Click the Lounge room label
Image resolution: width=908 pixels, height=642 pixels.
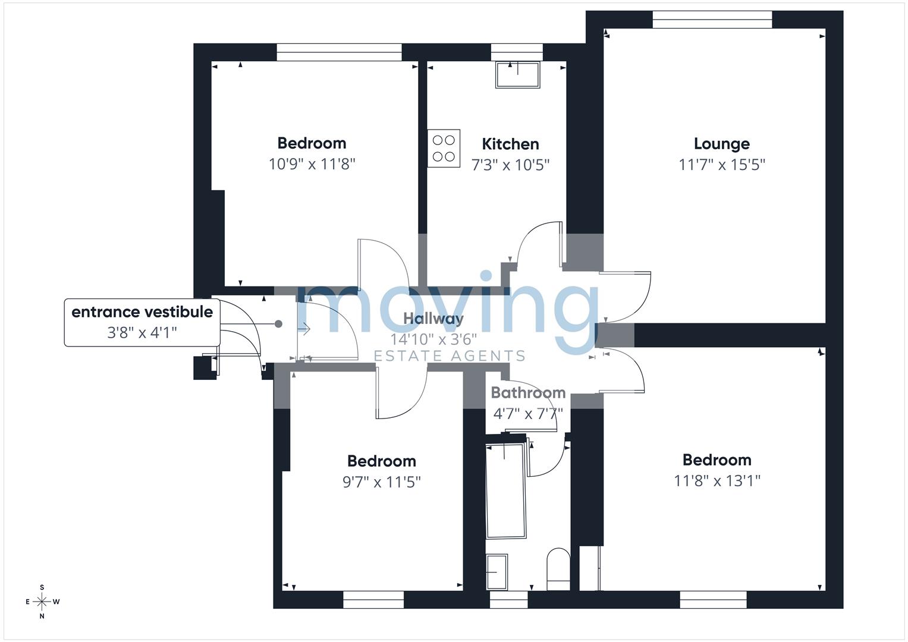click(721, 143)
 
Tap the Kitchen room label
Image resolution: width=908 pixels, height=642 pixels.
click(510, 144)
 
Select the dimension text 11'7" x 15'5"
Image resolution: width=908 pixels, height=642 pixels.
click(721, 165)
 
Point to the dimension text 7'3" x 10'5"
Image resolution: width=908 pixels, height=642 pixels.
click(510, 165)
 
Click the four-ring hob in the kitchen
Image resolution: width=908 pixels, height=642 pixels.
click(444, 149)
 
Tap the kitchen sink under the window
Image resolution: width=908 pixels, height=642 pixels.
click(518, 75)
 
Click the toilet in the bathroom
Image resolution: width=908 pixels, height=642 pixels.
click(558, 569)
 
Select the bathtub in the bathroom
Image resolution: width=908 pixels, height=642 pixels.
click(506, 491)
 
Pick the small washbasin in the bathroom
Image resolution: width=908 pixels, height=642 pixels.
click(497, 572)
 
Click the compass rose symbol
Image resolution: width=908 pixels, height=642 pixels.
click(42, 602)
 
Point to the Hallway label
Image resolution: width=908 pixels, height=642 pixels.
click(433, 319)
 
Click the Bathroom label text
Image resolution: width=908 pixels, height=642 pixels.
click(528, 392)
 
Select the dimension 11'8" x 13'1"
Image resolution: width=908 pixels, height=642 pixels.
click(717, 481)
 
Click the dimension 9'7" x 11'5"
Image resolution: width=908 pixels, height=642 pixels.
click(381, 482)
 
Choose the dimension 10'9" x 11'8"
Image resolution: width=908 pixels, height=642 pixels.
click(312, 164)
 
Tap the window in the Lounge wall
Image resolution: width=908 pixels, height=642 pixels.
click(712, 20)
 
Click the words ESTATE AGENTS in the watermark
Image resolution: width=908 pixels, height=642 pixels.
click(449, 356)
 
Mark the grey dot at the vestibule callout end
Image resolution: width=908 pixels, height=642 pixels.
click(278, 324)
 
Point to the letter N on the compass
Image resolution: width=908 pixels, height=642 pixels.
click(42, 616)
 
